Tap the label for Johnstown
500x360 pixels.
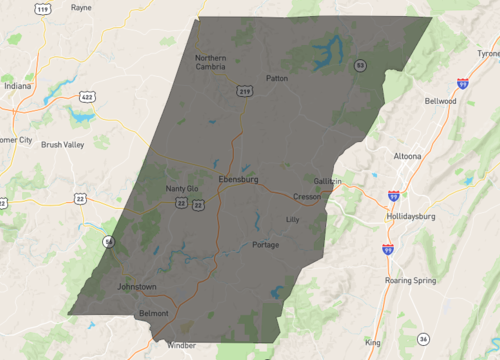[137, 287]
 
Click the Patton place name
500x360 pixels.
[277, 77]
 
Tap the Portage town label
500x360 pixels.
[266, 245]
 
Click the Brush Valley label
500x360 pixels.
[62, 144]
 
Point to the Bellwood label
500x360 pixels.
[440, 101]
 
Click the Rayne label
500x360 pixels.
[81, 7]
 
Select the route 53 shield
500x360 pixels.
[359, 65]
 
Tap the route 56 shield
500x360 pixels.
[108, 242]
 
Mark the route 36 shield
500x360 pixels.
[424, 339]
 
